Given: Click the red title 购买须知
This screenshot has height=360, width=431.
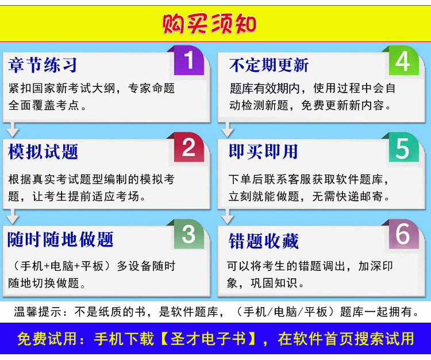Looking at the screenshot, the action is (209, 24).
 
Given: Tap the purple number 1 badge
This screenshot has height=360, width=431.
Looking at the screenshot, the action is (189, 60).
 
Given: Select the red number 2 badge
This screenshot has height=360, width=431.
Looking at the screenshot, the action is (189, 147).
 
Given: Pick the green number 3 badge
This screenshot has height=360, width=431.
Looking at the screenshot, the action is (189, 234).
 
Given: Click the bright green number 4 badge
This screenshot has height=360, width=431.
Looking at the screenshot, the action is (403, 60).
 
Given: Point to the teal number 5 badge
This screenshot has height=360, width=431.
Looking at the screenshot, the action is (403, 147).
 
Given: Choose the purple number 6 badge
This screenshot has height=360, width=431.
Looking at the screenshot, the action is (403, 234).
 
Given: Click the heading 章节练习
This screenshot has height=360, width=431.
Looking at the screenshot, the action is (43, 65).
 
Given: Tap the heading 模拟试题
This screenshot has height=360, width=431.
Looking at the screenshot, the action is (43, 152).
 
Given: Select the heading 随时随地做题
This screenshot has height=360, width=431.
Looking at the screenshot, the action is (60, 239).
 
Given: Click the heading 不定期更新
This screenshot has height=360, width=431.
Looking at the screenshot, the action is (269, 65).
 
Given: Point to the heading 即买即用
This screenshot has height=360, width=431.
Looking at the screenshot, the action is (263, 152).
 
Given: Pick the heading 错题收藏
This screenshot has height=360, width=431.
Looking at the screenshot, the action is (264, 241).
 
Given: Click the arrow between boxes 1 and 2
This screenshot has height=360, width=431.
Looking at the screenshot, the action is (13, 129).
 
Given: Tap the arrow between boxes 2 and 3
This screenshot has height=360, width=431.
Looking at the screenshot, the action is (13, 217).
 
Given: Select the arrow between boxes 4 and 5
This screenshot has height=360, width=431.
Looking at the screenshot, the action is (228, 129).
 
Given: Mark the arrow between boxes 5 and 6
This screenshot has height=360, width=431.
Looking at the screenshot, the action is (228, 217).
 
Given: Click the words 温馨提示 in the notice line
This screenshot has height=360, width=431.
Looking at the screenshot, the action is (38, 312).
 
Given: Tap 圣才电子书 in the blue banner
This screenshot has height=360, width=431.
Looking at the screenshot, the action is (209, 339).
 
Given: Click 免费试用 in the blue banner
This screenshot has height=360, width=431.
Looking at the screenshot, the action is (48, 339).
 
